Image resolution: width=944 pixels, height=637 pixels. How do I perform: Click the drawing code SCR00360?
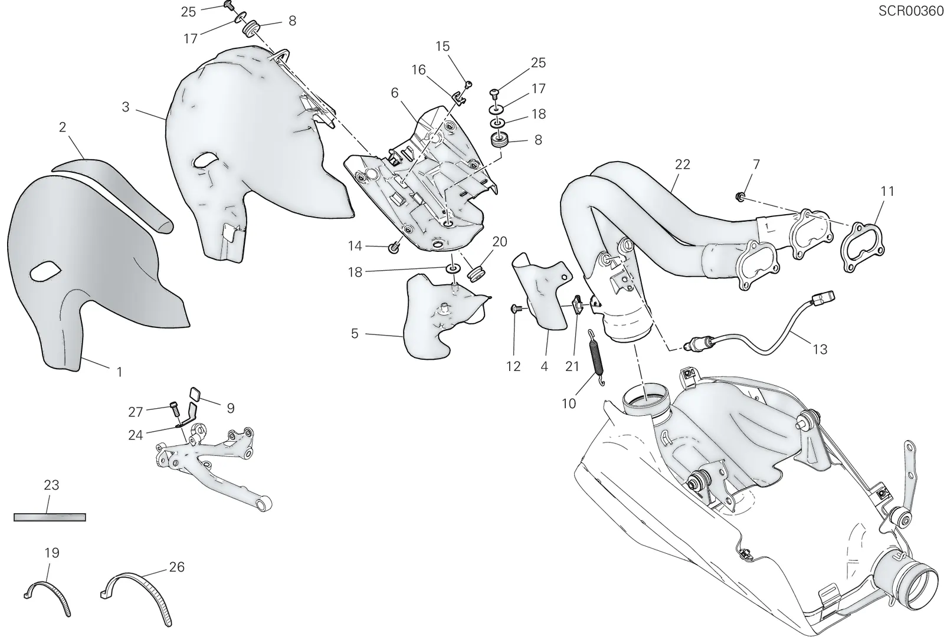[x=910, y=11]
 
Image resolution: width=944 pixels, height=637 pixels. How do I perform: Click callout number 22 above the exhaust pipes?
[x=682, y=165]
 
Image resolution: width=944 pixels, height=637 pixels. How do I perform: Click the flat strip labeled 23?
[x=50, y=517]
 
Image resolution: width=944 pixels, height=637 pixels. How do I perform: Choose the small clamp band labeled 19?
[x=47, y=597]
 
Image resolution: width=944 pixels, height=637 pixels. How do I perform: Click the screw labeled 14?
[x=394, y=248]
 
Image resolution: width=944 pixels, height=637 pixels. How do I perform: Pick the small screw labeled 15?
[x=468, y=85]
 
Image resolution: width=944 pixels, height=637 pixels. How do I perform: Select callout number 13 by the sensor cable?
[x=820, y=349]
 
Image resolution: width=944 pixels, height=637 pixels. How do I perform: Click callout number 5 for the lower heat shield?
[x=355, y=334]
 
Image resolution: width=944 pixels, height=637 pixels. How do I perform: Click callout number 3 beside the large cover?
[x=126, y=107]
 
